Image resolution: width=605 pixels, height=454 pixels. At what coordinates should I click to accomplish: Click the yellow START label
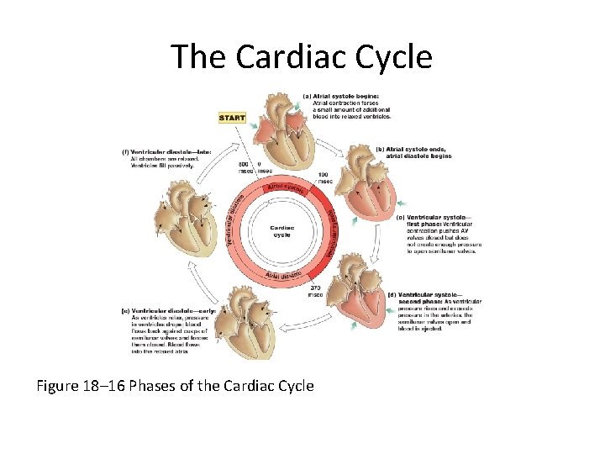click(232, 118)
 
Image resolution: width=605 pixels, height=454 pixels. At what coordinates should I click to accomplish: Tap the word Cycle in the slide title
click(393, 57)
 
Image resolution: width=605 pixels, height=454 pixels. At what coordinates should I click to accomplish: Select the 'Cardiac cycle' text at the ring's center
click(281, 230)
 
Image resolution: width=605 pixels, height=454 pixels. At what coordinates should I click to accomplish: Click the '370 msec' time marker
click(314, 290)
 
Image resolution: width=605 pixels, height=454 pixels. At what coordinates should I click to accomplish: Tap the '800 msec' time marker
click(245, 167)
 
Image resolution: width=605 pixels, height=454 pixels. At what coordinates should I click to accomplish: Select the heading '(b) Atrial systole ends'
click(420, 152)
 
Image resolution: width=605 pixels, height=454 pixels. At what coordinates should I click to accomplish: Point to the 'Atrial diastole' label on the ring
click(284, 275)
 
